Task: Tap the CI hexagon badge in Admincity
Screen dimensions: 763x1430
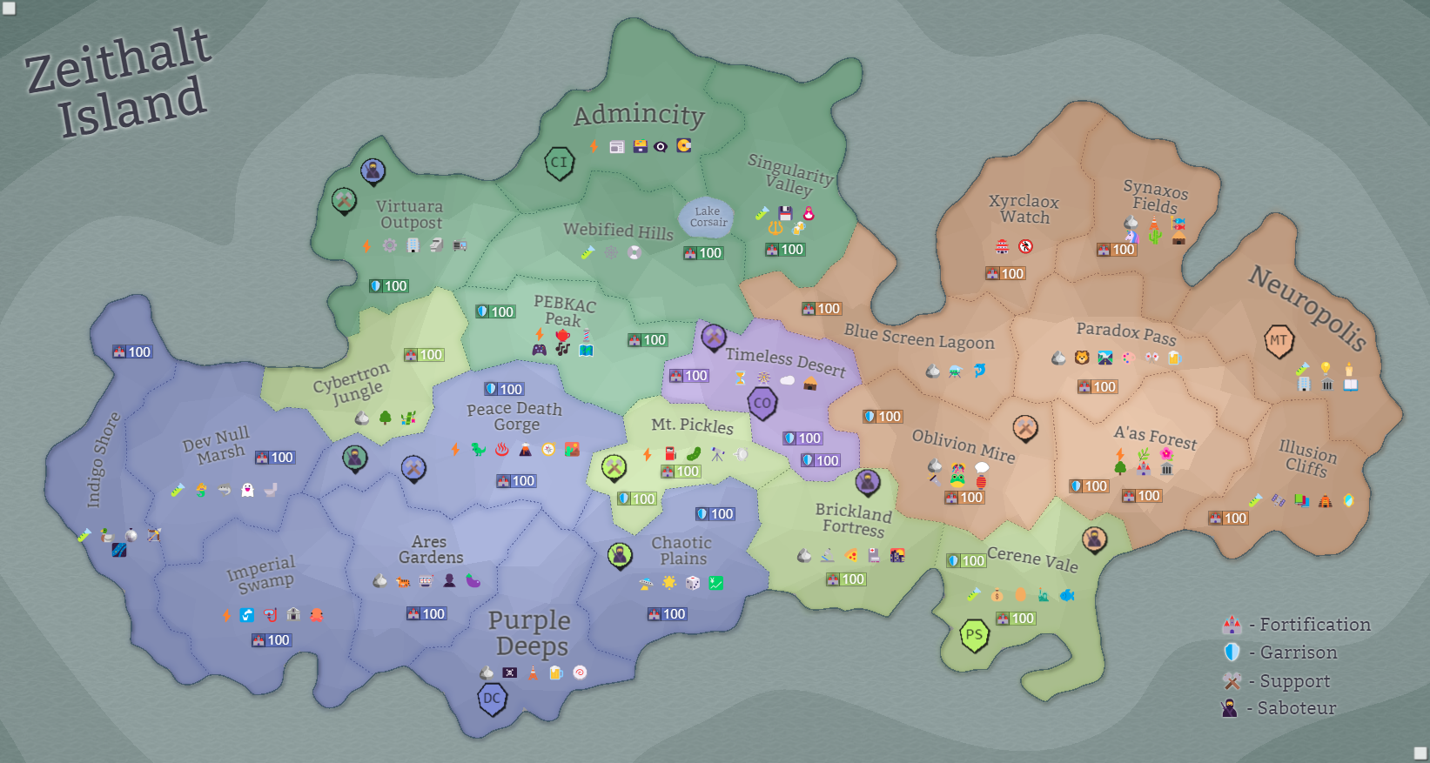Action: pyautogui.click(x=559, y=163)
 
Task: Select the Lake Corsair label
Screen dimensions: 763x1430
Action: pyautogui.click(x=708, y=217)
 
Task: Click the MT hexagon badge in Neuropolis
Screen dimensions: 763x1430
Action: pyautogui.click(x=1278, y=340)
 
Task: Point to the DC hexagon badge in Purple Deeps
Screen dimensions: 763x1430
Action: pyautogui.click(x=492, y=699)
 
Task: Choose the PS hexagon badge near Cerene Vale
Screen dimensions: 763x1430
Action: pyautogui.click(x=974, y=635)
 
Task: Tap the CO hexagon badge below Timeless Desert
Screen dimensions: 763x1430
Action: pyautogui.click(x=762, y=403)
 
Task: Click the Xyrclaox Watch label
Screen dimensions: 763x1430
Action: pyautogui.click(x=1024, y=209)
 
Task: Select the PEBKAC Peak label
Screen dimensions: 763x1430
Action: pyautogui.click(x=564, y=311)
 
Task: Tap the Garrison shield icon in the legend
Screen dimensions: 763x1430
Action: pyautogui.click(x=1232, y=652)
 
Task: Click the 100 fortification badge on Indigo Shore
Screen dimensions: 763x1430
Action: pyautogui.click(x=132, y=352)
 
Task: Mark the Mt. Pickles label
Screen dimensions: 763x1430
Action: pyautogui.click(x=692, y=425)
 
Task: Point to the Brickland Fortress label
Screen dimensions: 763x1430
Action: pyautogui.click(x=854, y=519)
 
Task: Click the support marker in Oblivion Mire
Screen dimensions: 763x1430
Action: pyautogui.click(x=1025, y=428)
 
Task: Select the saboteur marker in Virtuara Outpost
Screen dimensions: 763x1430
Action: pyautogui.click(x=373, y=171)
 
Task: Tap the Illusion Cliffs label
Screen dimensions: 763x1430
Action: pyautogui.click(x=1307, y=458)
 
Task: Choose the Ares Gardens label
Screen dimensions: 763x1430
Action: pyautogui.click(x=430, y=549)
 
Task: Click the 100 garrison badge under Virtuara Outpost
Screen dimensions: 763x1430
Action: pyautogui.click(x=388, y=285)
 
